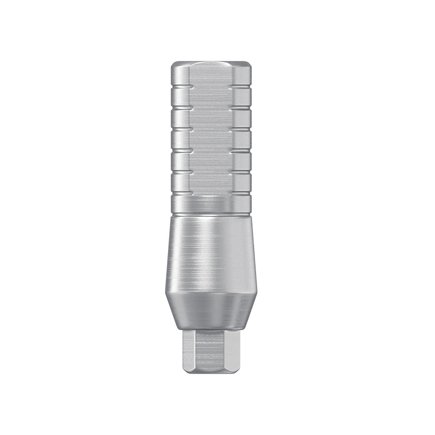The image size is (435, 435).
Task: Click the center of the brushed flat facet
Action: click(x=213, y=130)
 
